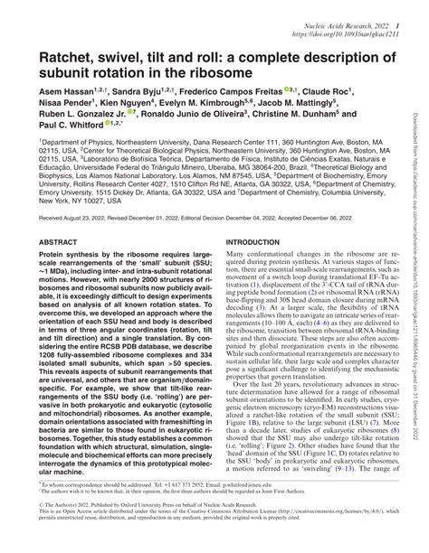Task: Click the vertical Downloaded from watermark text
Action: [418, 271]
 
